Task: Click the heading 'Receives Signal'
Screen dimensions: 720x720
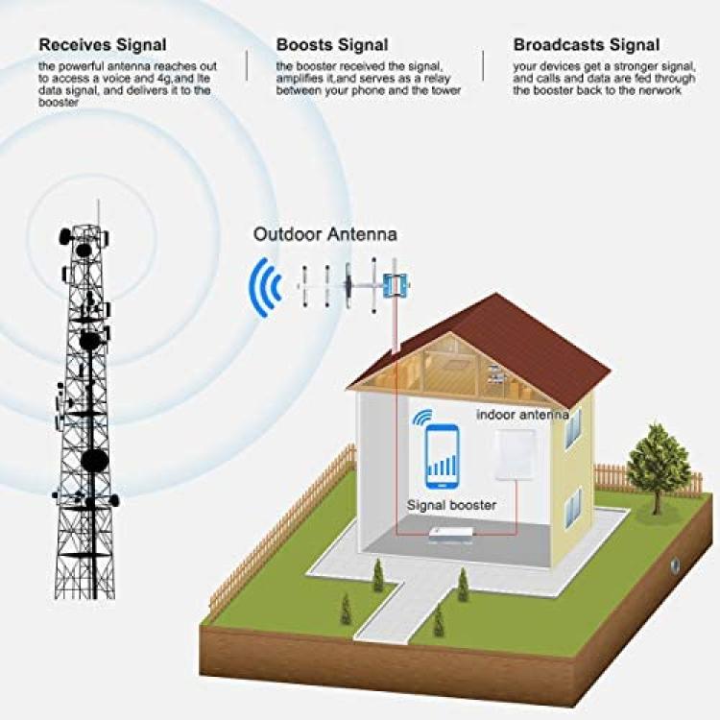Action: (x=103, y=45)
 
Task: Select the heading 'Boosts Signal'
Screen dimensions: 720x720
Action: (x=332, y=45)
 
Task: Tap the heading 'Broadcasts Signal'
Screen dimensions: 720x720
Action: (x=587, y=45)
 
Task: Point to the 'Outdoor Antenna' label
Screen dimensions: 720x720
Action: (x=325, y=234)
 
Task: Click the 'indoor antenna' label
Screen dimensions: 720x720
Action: (x=522, y=415)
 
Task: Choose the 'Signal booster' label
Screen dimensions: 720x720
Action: (x=452, y=505)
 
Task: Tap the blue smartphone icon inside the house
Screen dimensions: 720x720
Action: (x=443, y=456)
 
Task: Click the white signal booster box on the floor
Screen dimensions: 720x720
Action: (x=451, y=536)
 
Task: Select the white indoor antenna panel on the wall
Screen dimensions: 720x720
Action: (x=516, y=455)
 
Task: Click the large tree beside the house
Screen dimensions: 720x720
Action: (x=658, y=466)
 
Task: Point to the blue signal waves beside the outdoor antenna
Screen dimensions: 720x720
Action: (x=265, y=287)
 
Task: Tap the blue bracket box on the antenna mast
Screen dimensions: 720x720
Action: (x=396, y=285)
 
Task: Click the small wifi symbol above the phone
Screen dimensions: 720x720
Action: (x=422, y=417)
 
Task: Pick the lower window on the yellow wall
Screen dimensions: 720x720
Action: (x=573, y=508)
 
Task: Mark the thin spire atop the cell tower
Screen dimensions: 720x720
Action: (x=98, y=212)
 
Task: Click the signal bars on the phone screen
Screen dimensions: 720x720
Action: (x=443, y=465)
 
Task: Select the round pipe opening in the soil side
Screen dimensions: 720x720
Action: (x=676, y=565)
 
